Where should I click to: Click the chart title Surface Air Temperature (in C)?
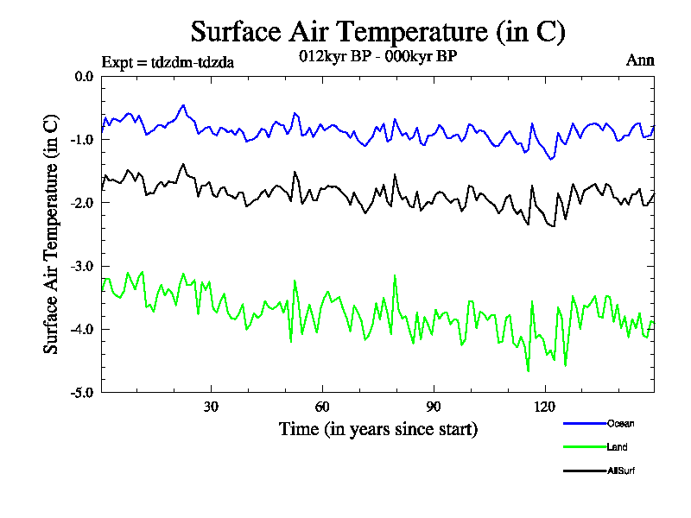click(377, 32)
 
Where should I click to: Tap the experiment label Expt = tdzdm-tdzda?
click(168, 61)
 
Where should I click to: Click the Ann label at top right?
click(640, 60)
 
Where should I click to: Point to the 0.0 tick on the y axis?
click(84, 76)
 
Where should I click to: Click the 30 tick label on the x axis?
click(211, 407)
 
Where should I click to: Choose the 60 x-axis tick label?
click(322, 407)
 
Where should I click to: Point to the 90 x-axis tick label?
click(434, 407)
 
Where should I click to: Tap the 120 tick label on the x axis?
click(545, 407)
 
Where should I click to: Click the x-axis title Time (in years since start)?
click(377, 429)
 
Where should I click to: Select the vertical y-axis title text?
click(52, 233)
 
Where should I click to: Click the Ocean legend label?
click(621, 424)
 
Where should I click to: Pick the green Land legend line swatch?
click(584, 447)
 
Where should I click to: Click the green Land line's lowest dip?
click(528, 371)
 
